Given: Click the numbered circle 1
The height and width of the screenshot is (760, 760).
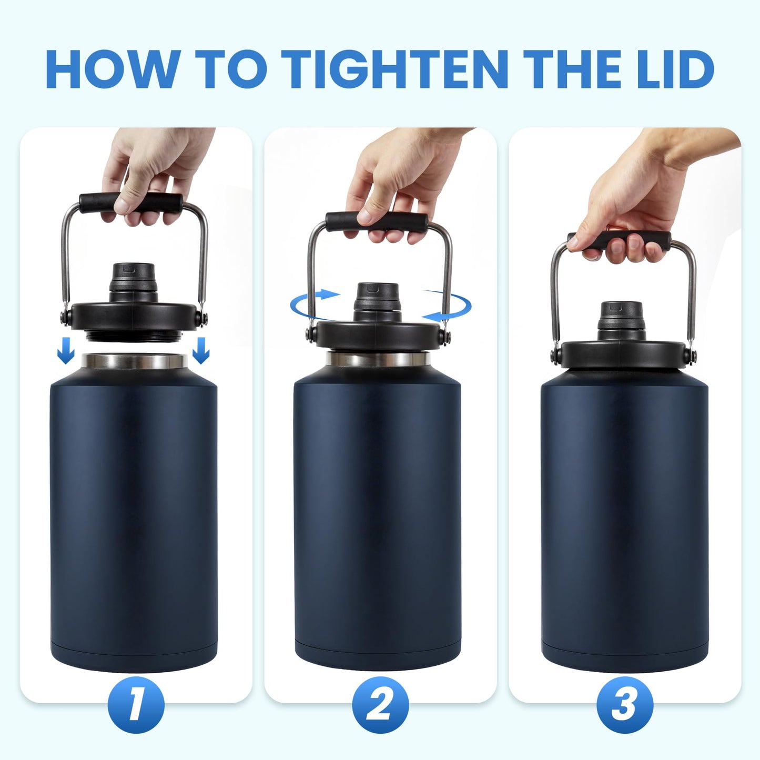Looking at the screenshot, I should tap(136, 705).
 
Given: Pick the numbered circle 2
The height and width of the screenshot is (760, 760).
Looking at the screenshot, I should tap(380, 705).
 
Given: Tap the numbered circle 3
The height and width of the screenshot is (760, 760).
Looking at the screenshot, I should tap(624, 705).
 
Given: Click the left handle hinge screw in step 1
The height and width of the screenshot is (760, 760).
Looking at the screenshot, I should tap(64, 317).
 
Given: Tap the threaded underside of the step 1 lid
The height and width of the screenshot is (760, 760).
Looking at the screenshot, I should tap(132, 334).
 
